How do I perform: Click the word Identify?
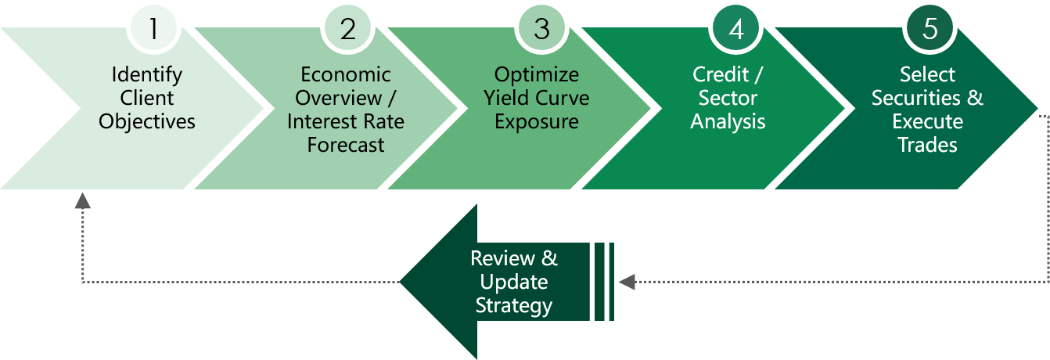click(147, 75)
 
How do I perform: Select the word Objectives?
click(147, 122)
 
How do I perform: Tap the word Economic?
click(346, 74)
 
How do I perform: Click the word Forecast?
click(346, 145)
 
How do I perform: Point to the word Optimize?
click(537, 75)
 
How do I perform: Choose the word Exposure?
click(537, 122)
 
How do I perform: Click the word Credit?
click(721, 74)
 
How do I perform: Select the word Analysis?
click(728, 122)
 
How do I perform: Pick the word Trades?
click(928, 145)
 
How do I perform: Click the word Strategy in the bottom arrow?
click(514, 306)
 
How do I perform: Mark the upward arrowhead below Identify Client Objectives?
click(82, 200)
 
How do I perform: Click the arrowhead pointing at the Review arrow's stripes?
click(627, 282)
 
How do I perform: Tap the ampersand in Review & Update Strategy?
click(550, 258)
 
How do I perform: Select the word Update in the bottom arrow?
click(514, 283)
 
